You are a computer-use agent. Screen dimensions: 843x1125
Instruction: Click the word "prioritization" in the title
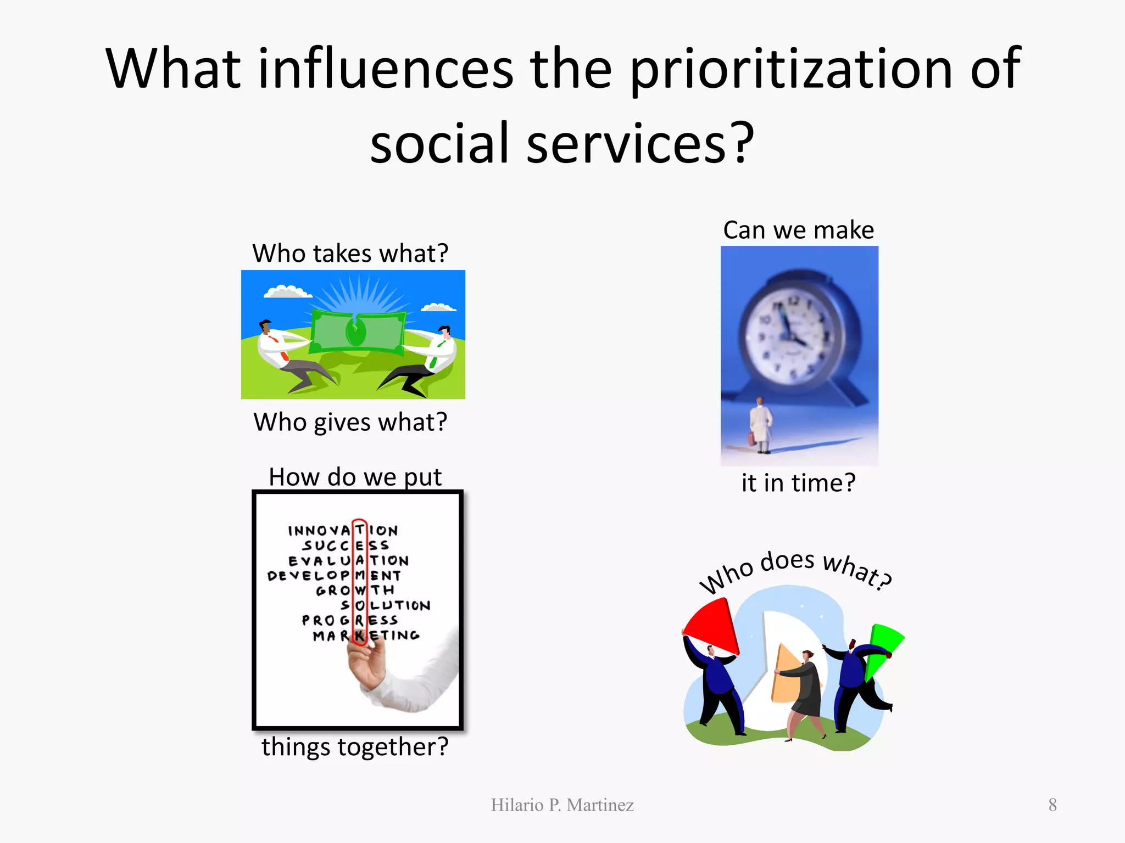pos(790,69)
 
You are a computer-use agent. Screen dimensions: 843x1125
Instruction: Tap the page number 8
pos(1052,805)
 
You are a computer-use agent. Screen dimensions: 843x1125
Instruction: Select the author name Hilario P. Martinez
pos(562,805)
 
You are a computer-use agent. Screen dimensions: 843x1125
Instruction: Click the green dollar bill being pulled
pos(358,330)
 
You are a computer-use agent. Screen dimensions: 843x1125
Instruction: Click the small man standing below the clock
pos(760,425)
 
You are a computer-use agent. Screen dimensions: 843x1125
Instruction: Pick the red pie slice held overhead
pos(711,626)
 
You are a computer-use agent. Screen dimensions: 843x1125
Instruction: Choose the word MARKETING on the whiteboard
pos(366,636)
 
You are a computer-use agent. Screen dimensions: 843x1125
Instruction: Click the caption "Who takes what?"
pos(350,254)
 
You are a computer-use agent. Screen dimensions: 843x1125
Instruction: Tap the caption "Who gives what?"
pos(350,422)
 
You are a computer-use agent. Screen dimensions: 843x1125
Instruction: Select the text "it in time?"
pos(798,483)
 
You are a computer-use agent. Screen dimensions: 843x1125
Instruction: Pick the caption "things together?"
pos(355,747)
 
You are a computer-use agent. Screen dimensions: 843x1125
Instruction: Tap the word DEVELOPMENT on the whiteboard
pos(334,575)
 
